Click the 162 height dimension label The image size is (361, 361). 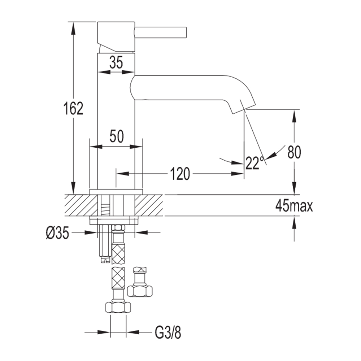[73, 108]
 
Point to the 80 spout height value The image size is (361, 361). [294, 152]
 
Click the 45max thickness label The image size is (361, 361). [294, 206]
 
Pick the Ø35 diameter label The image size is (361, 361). [57, 233]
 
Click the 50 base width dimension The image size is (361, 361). [117, 136]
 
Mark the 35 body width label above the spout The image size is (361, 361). [116, 62]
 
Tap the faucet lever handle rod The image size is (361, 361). [160, 32]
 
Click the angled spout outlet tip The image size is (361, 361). [243, 109]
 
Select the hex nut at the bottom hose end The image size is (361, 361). [118, 307]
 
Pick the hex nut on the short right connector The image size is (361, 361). [140, 291]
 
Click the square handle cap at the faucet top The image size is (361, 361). [116, 36]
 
